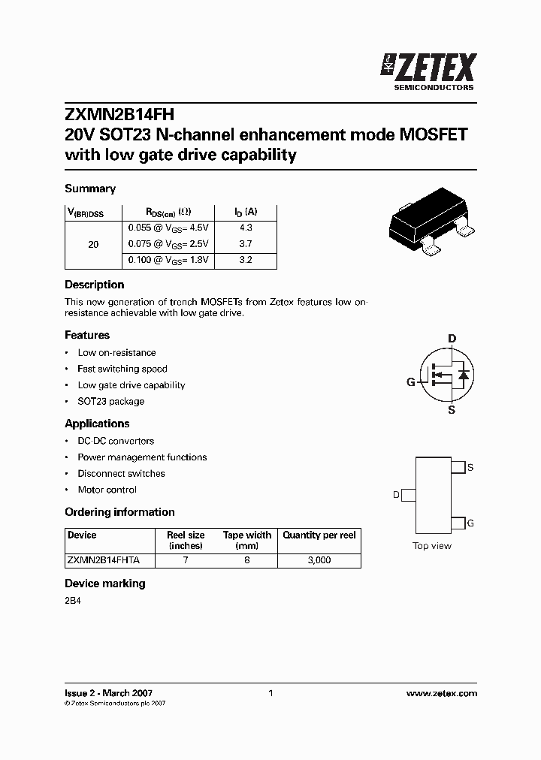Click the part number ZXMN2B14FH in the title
(119, 115)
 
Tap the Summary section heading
(90, 188)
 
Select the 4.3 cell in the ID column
(246, 227)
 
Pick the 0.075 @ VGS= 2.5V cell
(168, 243)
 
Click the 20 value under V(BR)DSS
(93, 244)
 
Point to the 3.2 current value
(246, 260)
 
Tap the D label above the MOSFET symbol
(452, 339)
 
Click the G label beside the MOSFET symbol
(411, 382)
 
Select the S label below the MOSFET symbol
(452, 409)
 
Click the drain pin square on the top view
(409, 495)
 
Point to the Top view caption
(432, 546)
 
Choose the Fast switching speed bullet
(122, 369)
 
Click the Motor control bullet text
(107, 490)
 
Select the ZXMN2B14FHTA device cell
(109, 560)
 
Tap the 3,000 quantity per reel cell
(319, 560)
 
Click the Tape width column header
(247, 541)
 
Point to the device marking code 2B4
(72, 602)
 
